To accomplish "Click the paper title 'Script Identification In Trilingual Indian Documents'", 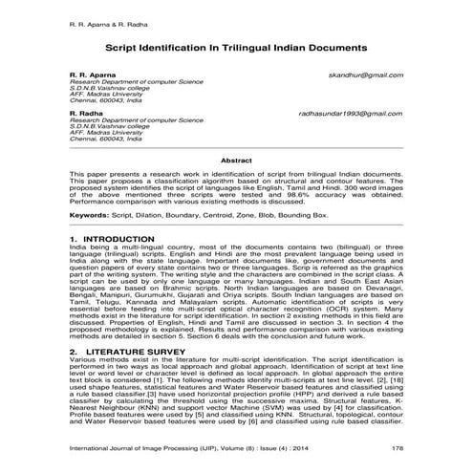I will [x=236, y=46].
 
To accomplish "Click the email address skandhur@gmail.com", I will [x=370, y=74].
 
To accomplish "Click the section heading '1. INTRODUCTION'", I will [x=106, y=236].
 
